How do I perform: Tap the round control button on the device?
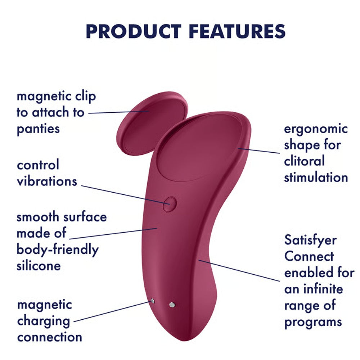[x=169, y=204]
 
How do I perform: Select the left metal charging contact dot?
[x=153, y=301]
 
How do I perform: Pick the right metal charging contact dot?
[x=172, y=305]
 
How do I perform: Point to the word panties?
[x=38, y=129]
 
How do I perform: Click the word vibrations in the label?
[x=47, y=181]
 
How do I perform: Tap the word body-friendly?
[x=58, y=249]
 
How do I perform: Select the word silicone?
[x=39, y=266]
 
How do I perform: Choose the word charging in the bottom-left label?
[x=44, y=321]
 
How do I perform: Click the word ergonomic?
[x=316, y=129]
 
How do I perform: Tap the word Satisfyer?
[x=310, y=240]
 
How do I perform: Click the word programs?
[x=313, y=321]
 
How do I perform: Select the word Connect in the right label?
[x=309, y=256]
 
